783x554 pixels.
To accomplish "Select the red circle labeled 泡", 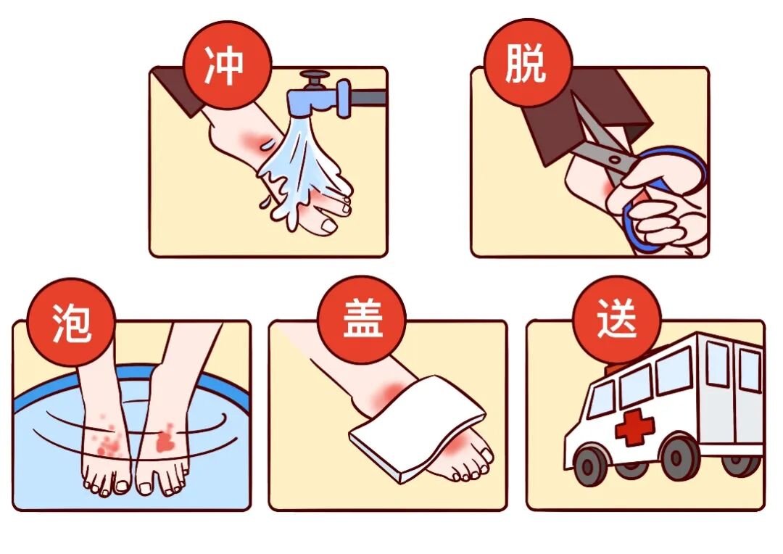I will pos(72,321).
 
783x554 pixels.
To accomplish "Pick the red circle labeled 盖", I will pos(362,321).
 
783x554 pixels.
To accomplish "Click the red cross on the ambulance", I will pos(634,428).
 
